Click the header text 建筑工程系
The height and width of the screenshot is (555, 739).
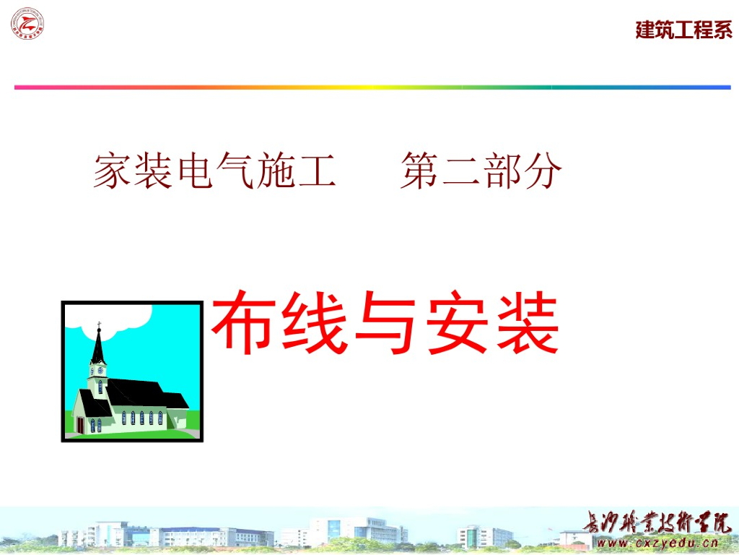(x=683, y=30)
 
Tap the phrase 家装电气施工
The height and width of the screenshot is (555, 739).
(x=214, y=171)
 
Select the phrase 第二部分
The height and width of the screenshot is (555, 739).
(x=481, y=171)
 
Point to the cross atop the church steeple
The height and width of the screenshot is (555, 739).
(x=99, y=324)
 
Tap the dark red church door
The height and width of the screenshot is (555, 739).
(x=81, y=426)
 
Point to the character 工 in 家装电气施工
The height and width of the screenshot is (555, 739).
(x=318, y=171)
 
